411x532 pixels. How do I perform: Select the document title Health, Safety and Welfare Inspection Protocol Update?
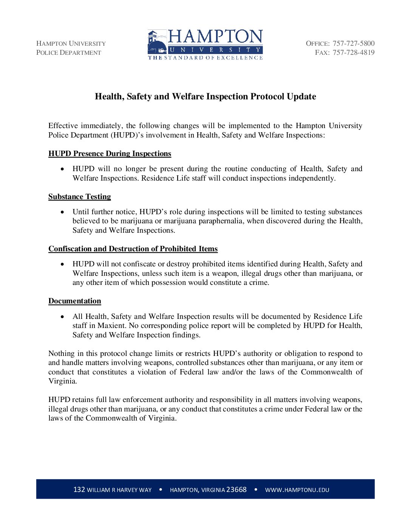coord(205,96)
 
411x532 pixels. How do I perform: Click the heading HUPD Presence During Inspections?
coord(110,153)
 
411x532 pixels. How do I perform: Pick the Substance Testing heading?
coord(79,196)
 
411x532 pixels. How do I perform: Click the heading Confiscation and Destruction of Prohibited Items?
coord(133,249)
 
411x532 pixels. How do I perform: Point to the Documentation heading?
coord(74,301)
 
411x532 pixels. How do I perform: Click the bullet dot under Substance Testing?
coord(63,212)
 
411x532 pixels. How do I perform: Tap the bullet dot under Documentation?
coord(63,317)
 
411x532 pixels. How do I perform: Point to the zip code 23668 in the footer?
coord(236,490)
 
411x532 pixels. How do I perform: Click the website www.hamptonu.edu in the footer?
coord(297,490)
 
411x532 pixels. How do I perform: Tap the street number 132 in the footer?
coord(79,490)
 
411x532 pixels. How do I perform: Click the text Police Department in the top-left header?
coord(68,53)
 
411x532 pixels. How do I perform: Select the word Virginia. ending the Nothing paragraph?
coord(62,381)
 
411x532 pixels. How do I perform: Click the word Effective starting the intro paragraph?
coord(63,126)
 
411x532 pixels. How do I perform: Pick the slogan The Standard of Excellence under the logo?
coord(205,58)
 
